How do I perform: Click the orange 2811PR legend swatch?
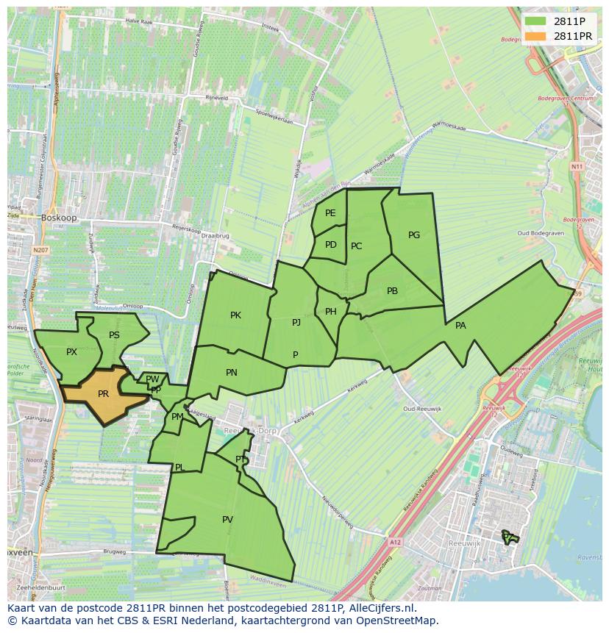(x=535, y=36)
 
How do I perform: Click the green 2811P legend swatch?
(x=535, y=21)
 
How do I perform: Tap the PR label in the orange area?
(x=103, y=394)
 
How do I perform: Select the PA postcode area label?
(x=460, y=326)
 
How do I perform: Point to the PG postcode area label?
(x=414, y=235)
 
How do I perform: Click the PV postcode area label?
(x=227, y=520)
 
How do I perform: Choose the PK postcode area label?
(x=235, y=315)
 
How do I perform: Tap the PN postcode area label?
(x=232, y=373)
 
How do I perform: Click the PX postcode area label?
(x=71, y=352)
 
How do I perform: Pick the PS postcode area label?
(x=114, y=335)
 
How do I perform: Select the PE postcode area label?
(x=330, y=213)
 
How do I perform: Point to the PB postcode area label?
(x=392, y=291)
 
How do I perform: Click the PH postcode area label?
(x=330, y=312)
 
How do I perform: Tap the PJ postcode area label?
(x=296, y=322)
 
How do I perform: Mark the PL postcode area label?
(x=179, y=468)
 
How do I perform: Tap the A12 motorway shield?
(x=396, y=543)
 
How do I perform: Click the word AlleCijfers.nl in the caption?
(x=380, y=609)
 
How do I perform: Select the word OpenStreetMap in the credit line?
(x=401, y=621)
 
